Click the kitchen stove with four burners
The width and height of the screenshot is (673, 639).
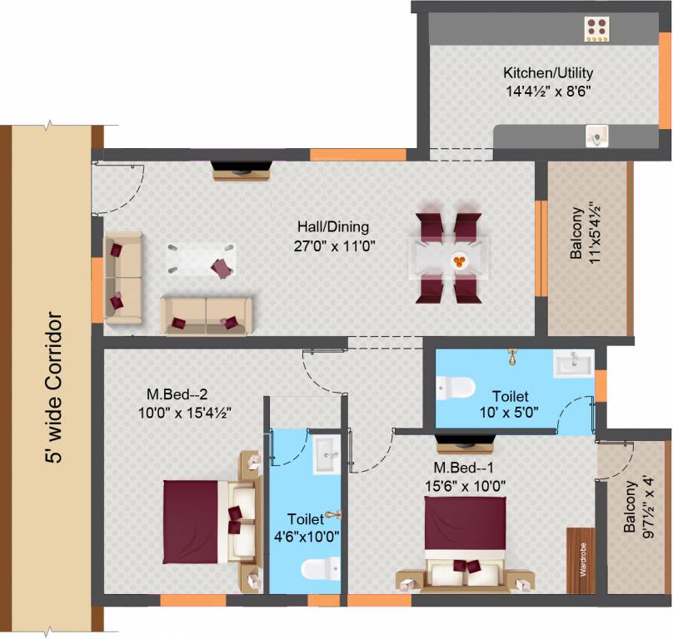point(596,29)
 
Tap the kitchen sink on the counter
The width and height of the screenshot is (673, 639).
point(596,136)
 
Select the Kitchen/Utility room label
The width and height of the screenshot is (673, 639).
point(548,72)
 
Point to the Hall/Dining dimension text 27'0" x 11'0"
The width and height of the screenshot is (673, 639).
point(335,246)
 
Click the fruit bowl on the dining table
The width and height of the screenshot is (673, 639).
point(459,260)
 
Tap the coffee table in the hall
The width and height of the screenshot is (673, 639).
point(201,260)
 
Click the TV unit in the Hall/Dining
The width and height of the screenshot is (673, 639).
point(242,171)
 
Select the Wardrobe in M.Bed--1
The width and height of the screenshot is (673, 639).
point(581,560)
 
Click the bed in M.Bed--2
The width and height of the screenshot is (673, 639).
point(212,522)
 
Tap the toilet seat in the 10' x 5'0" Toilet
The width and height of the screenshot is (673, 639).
point(455,388)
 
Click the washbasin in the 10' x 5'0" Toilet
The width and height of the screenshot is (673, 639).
point(573,364)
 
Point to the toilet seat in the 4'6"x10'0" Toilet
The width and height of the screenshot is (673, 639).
point(320,568)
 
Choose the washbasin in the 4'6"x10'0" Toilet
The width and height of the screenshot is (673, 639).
point(327,454)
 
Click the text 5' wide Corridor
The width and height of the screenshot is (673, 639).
point(54,387)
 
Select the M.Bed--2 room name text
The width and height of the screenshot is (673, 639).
point(177,394)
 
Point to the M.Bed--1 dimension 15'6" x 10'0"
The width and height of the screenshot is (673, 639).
point(465,487)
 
